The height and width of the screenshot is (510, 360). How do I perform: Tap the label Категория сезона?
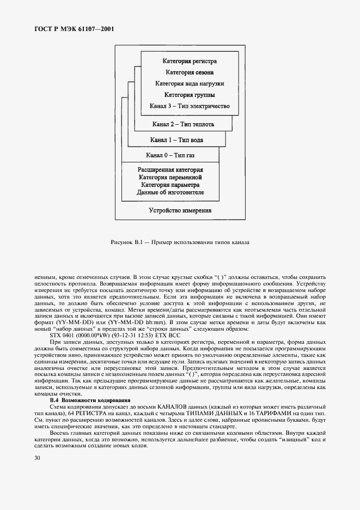coord(189,72)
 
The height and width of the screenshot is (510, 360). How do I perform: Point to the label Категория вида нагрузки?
coord(189,84)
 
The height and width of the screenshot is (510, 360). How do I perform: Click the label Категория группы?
coord(189,95)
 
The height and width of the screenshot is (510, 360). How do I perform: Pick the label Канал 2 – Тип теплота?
coord(183,124)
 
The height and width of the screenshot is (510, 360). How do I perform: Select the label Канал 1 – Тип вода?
coord(177,140)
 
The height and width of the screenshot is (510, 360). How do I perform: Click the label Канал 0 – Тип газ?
coord(170,156)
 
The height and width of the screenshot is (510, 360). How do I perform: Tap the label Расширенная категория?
coord(170,170)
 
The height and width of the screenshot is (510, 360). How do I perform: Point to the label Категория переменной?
coord(170,177)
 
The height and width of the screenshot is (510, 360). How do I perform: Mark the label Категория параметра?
coord(170,185)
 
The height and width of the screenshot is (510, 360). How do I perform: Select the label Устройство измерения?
coord(180,210)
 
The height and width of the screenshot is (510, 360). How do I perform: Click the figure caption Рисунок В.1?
coord(180,242)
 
